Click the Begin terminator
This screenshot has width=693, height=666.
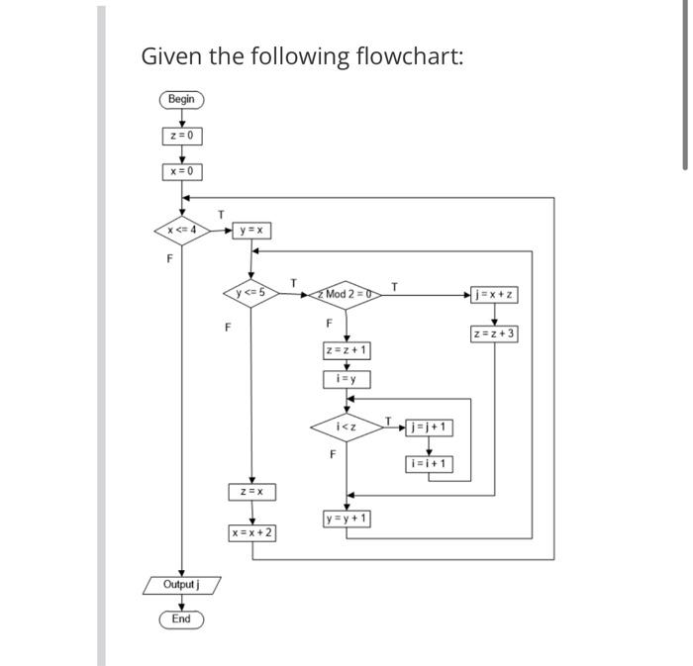(181, 99)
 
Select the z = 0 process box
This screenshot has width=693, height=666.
(181, 136)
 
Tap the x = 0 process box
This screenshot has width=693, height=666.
(181, 171)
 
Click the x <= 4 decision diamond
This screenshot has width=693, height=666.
(181, 231)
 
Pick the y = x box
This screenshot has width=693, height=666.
(251, 231)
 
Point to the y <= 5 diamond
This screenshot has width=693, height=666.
(251, 293)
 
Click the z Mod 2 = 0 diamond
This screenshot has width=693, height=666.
(346, 294)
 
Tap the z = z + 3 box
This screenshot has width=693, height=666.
(495, 333)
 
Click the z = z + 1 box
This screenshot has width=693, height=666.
(346, 350)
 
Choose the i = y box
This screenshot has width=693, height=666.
(346, 379)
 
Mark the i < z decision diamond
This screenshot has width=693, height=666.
(346, 428)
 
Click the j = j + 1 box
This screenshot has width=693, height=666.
(429, 428)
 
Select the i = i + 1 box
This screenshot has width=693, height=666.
(429, 463)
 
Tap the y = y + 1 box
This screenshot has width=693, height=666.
(346, 519)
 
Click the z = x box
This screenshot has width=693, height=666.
(251, 492)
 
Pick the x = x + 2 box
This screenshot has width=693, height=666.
(251, 532)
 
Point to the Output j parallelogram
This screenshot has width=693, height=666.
(181, 585)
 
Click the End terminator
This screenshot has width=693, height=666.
(181, 619)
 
